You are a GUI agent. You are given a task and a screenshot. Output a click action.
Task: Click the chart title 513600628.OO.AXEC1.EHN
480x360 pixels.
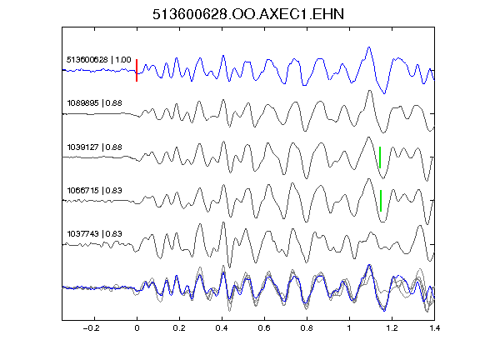[248, 14]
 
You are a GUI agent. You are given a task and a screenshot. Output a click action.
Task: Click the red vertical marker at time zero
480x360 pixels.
[137, 70]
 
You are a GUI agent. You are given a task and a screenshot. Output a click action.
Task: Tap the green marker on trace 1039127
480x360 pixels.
[380, 157]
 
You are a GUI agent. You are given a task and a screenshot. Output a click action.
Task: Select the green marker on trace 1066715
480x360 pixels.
[381, 201]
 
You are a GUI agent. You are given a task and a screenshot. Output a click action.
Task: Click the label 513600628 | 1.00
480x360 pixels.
[99, 59]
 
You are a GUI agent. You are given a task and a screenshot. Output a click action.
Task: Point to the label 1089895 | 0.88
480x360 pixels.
[95, 102]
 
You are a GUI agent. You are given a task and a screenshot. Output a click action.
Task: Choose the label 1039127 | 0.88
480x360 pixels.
[95, 147]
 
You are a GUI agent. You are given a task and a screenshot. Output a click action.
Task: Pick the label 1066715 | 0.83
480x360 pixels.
[95, 190]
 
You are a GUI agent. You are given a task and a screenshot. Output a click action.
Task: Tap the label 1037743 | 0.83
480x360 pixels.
[95, 234]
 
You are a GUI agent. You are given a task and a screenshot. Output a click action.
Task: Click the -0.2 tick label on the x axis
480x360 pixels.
[92, 328]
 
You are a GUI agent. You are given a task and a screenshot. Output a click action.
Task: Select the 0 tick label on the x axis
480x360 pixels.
[137, 328]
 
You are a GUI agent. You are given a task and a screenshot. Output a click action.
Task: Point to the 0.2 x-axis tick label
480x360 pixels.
[179, 328]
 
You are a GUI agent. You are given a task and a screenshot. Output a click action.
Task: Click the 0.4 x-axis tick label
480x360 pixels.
[222, 328]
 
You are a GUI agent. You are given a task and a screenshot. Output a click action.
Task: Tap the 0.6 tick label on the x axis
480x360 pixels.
[264, 328]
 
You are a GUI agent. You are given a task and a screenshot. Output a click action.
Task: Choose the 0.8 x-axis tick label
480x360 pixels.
[307, 328]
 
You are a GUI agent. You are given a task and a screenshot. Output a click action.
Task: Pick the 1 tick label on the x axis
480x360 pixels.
[349, 328]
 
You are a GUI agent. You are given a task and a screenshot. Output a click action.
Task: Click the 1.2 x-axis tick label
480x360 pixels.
[392, 328]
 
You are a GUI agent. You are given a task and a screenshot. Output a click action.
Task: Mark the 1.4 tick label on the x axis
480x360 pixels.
[434, 328]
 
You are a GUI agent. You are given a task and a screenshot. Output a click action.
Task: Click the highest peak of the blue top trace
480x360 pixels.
[369, 47]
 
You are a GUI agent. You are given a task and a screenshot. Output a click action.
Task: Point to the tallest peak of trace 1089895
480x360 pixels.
[370, 91]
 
